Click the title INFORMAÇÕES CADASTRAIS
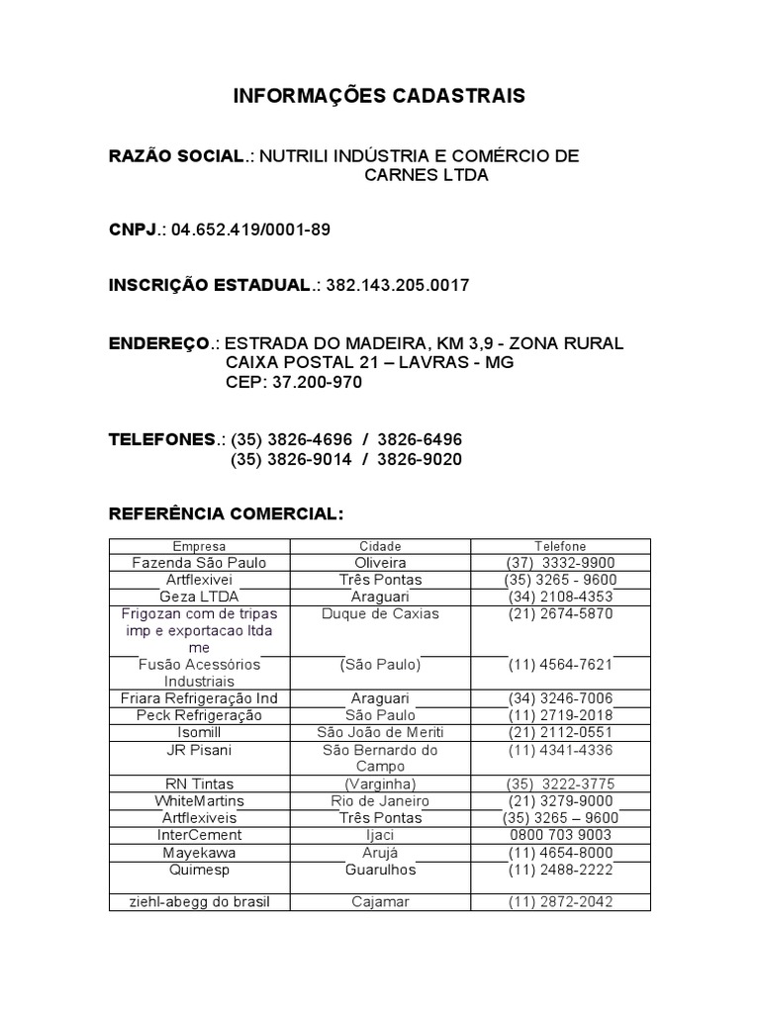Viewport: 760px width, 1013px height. pyautogui.click(x=379, y=96)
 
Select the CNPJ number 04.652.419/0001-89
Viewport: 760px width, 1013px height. pyautogui.click(x=250, y=230)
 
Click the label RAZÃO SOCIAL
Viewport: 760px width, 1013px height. pyautogui.click(x=176, y=156)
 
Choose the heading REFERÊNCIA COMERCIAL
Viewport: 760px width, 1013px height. pyautogui.click(x=227, y=514)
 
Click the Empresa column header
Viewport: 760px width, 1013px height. pyautogui.click(x=199, y=546)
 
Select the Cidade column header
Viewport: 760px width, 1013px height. pyautogui.click(x=380, y=546)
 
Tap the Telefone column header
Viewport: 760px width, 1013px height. pyautogui.click(x=560, y=546)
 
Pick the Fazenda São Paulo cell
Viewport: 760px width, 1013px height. pyautogui.click(x=199, y=563)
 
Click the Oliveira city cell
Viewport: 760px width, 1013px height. pyautogui.click(x=380, y=563)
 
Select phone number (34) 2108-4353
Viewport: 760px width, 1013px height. pyautogui.click(x=560, y=597)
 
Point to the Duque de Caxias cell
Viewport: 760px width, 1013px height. pyautogui.click(x=380, y=613)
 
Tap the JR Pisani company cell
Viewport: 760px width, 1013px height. pyautogui.click(x=199, y=750)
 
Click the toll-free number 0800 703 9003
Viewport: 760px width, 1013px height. pyautogui.click(x=560, y=835)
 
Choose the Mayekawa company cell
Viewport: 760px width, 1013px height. pyautogui.click(x=199, y=852)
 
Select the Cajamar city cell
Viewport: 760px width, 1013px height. pyautogui.click(x=380, y=902)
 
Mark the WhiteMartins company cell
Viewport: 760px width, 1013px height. pyautogui.click(x=199, y=800)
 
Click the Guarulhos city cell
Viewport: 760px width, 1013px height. pyautogui.click(x=380, y=870)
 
